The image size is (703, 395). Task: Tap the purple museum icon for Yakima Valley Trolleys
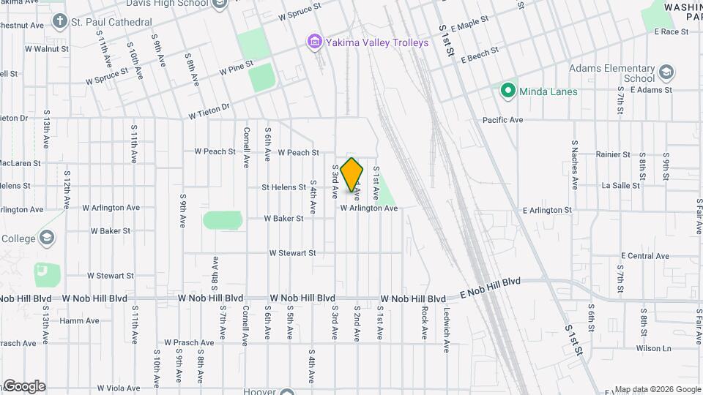pos(315,42)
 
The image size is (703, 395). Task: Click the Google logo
pos(23,386)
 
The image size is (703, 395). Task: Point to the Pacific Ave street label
pos(502,119)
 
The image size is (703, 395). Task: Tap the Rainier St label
pos(613,154)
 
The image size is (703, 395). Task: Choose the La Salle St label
pos(616,186)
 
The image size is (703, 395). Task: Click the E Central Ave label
pos(644,256)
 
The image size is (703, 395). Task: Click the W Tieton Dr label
pos(209,111)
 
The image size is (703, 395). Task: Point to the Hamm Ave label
pos(80,320)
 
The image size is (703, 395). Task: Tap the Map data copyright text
pos(657,389)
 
